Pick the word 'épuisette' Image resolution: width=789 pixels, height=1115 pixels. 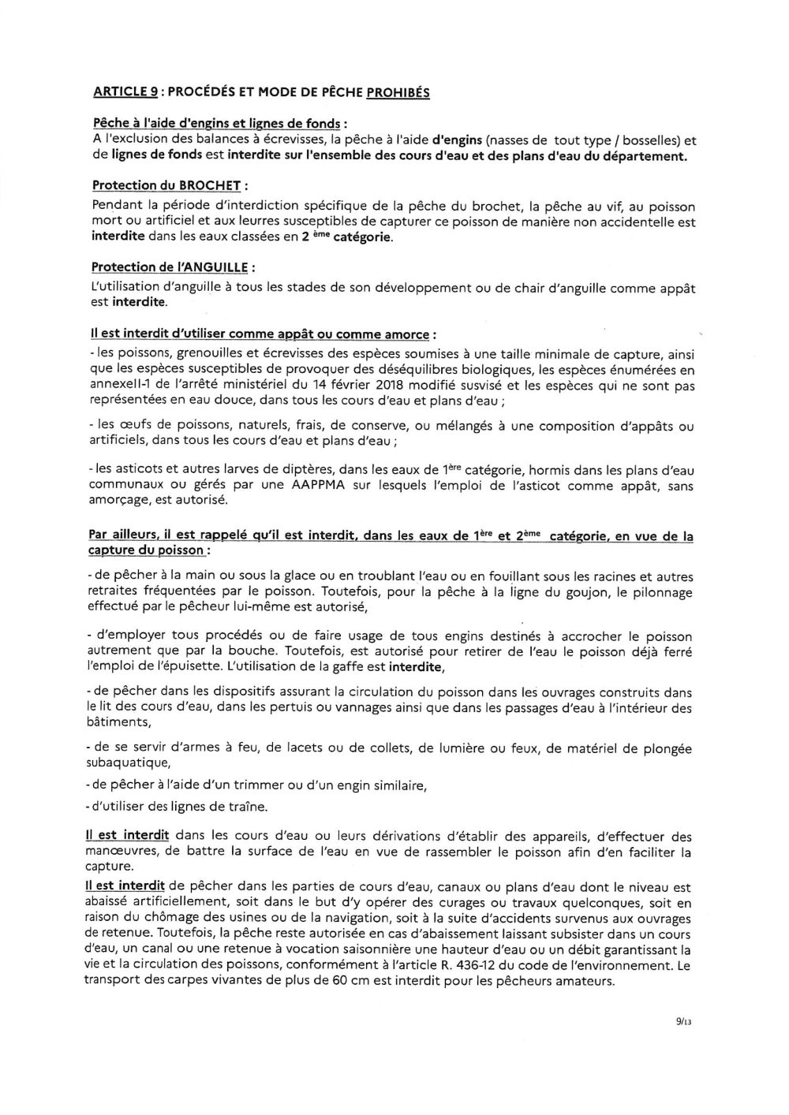click(166, 667)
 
